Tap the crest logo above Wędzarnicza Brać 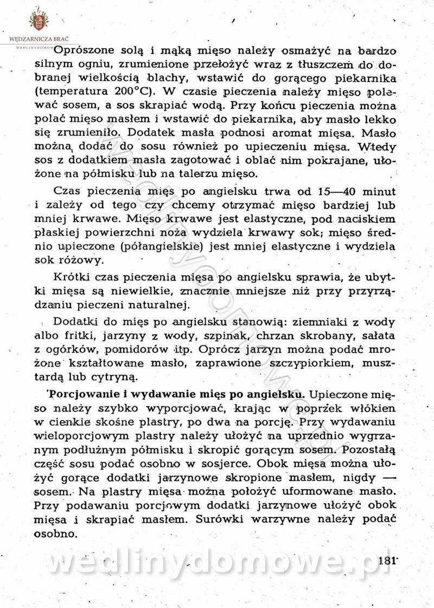point(39,20)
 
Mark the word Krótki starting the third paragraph point(73,277)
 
